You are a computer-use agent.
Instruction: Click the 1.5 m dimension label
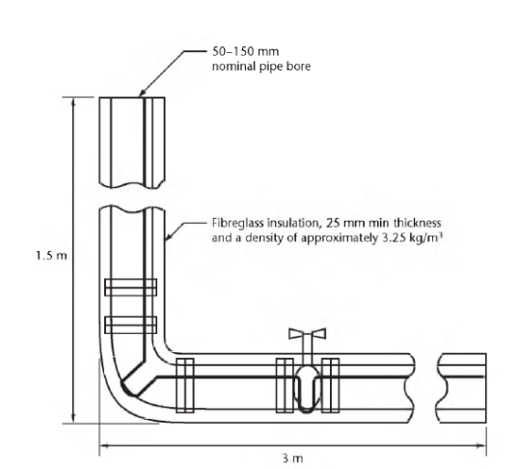[51, 256]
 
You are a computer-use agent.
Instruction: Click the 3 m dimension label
[293, 458]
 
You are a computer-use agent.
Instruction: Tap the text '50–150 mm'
[245, 52]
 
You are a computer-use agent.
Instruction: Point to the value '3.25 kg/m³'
[413, 237]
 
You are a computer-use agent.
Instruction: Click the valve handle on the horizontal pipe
[307, 334]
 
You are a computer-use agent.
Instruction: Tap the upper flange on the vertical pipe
[131, 288]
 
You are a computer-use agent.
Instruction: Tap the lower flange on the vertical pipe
[131, 325]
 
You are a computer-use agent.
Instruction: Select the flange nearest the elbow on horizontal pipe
[185, 386]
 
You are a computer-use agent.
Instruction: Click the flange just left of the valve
[285, 386]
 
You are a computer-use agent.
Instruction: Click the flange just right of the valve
[330, 386]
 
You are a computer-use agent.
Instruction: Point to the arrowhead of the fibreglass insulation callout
[168, 236]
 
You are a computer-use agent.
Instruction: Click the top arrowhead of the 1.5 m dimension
[73, 102]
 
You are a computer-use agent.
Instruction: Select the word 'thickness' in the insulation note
[417, 223]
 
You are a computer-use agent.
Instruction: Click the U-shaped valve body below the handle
[307, 389]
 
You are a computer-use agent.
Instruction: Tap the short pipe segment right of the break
[462, 388]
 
